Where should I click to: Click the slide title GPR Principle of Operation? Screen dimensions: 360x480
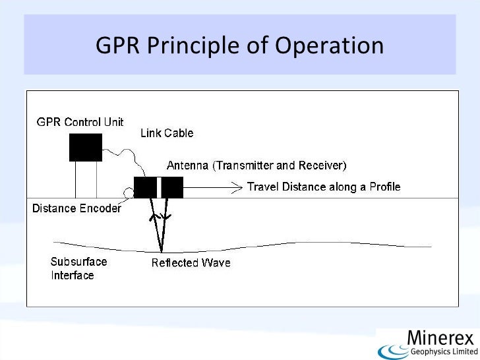click(x=239, y=45)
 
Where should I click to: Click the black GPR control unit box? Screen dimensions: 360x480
click(x=86, y=147)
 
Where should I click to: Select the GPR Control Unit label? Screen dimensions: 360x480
click(x=79, y=122)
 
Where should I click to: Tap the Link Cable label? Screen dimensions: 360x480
click(x=167, y=133)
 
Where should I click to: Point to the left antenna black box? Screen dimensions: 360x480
click(x=145, y=187)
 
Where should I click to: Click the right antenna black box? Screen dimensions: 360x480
click(x=172, y=187)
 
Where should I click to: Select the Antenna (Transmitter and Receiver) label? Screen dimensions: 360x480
click(x=256, y=165)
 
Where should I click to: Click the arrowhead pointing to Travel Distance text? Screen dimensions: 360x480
click(x=239, y=187)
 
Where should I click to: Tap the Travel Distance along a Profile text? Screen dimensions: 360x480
click(x=323, y=187)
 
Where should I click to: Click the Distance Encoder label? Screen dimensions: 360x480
click(x=76, y=209)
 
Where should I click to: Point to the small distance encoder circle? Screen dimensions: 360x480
click(x=128, y=193)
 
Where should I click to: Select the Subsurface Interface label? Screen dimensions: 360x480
click(x=78, y=268)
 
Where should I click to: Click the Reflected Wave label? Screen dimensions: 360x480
click(x=191, y=263)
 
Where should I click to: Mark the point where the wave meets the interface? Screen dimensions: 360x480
click(x=160, y=251)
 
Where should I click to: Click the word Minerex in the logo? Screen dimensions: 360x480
click(x=440, y=338)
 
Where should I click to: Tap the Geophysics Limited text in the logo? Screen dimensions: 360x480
click(x=441, y=351)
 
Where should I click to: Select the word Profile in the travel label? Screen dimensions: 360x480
click(x=384, y=187)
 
